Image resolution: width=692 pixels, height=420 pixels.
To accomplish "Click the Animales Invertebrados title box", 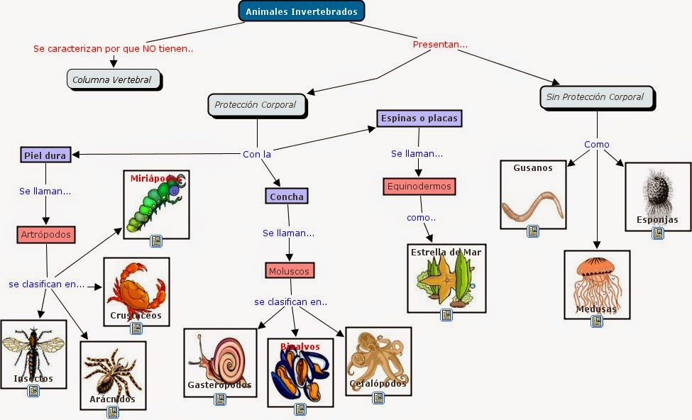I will click(x=301, y=11).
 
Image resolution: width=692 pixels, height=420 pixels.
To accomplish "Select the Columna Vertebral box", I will click(x=114, y=79).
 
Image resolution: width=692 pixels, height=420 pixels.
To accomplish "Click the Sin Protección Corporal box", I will click(x=595, y=97).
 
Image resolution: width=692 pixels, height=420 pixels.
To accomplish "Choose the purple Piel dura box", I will click(x=45, y=155).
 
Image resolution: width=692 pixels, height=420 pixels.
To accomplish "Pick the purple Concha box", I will click(x=287, y=196).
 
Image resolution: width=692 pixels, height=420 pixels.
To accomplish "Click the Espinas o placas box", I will click(x=419, y=118).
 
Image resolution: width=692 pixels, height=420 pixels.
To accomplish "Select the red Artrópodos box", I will click(x=46, y=234).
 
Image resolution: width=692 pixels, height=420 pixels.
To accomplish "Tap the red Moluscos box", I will click(x=290, y=270).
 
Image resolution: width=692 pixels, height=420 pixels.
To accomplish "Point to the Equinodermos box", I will click(x=418, y=187).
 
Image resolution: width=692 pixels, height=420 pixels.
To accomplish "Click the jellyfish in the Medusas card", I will click(x=597, y=281).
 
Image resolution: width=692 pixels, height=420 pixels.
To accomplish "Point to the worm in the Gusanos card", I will click(x=534, y=204).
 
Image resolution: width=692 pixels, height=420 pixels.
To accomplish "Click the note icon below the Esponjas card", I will click(x=658, y=233).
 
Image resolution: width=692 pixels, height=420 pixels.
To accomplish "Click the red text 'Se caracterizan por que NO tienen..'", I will click(x=114, y=49).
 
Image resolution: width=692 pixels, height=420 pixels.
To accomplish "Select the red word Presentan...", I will click(x=440, y=44).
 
